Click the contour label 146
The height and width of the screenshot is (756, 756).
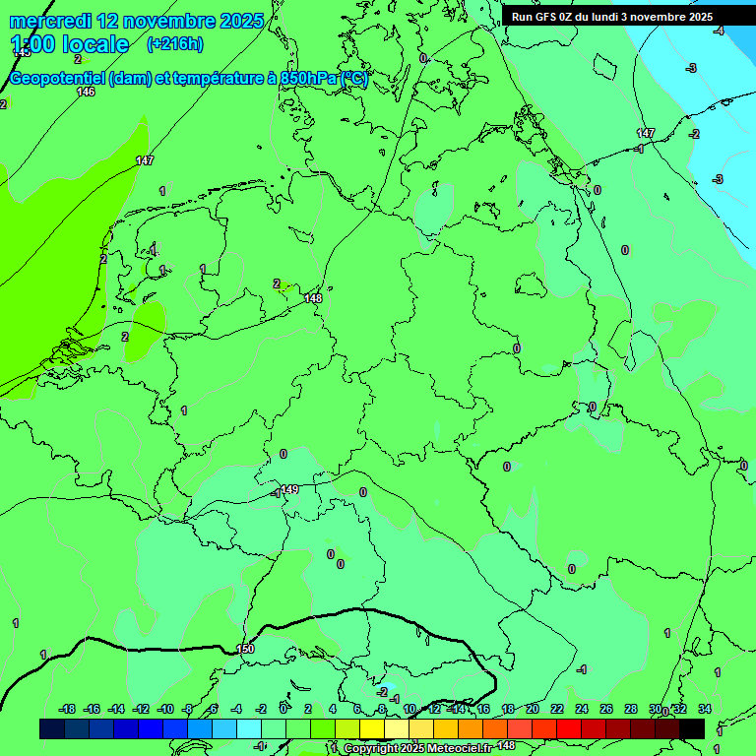tap(86, 92)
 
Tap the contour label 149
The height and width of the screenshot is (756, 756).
tap(289, 489)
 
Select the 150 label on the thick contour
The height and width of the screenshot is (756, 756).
tap(246, 649)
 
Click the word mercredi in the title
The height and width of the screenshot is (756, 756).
tap(49, 21)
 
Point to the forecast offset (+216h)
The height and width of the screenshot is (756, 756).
tap(174, 44)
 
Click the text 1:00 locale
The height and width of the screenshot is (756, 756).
tap(70, 44)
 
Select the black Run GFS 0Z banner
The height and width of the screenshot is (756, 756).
tap(611, 17)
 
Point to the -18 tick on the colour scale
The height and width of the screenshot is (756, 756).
tap(67, 709)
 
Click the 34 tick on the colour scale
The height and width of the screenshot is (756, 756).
tap(705, 709)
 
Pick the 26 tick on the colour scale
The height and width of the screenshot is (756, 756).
tap(606, 709)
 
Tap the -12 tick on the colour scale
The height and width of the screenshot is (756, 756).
tap(141, 709)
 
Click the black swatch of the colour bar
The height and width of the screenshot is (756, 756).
tap(692, 728)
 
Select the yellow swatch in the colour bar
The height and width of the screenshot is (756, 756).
tap(372, 728)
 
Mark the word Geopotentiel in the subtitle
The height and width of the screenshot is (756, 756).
tap(56, 79)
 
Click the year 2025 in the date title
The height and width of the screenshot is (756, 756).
tap(240, 21)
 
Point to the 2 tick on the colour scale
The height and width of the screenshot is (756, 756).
tap(308, 709)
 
